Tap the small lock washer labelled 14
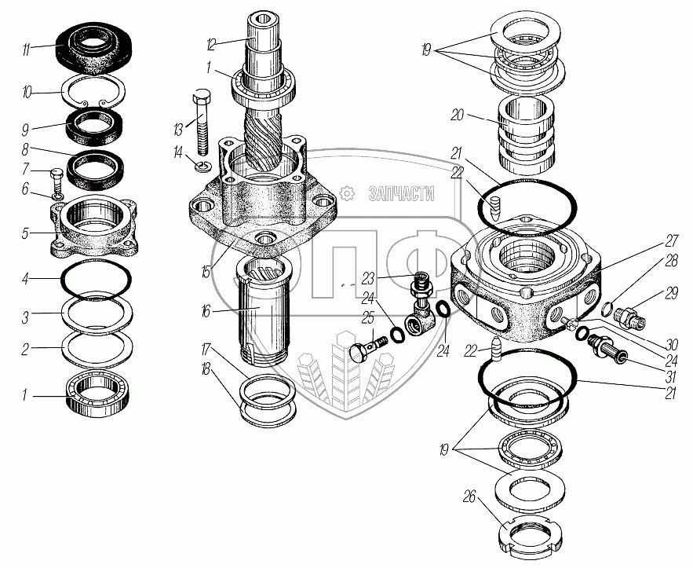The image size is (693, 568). click(x=202, y=166)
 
